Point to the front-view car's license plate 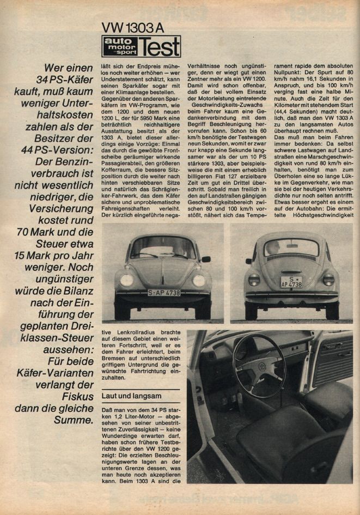[164, 293]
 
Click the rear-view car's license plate [291, 282]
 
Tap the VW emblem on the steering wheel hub [261, 367]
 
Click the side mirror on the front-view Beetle [205, 259]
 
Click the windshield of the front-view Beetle [162, 249]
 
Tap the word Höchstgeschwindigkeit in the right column [326, 214]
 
